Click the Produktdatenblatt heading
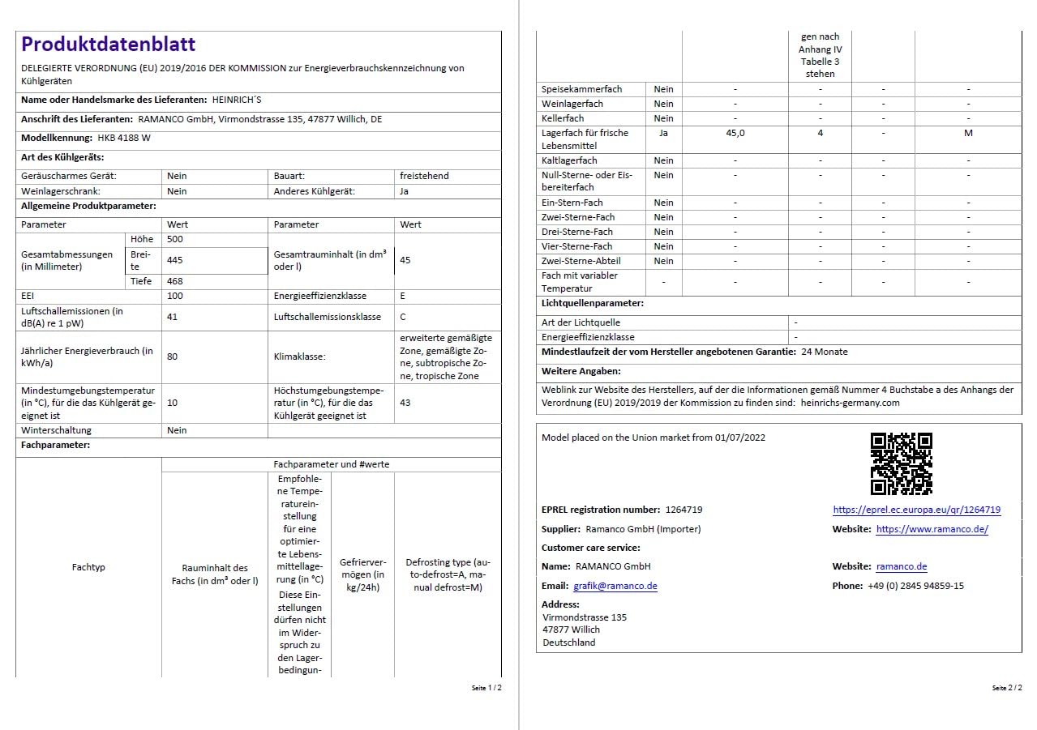108,45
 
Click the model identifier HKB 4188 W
124,138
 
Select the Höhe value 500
175,240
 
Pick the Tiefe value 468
175,281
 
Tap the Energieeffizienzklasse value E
403,297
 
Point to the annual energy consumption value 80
173,356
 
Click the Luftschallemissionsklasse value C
403,317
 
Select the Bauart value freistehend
424,176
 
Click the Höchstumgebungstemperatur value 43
405,403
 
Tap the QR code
901,463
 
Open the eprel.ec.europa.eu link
916,510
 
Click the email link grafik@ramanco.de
615,586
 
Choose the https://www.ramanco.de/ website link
932,530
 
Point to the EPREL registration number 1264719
683,510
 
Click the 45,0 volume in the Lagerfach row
735,133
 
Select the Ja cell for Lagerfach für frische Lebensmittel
663,133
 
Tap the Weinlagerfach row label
572,104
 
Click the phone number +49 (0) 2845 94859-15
915,586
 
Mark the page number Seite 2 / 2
1006,688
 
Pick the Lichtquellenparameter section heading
593,303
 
